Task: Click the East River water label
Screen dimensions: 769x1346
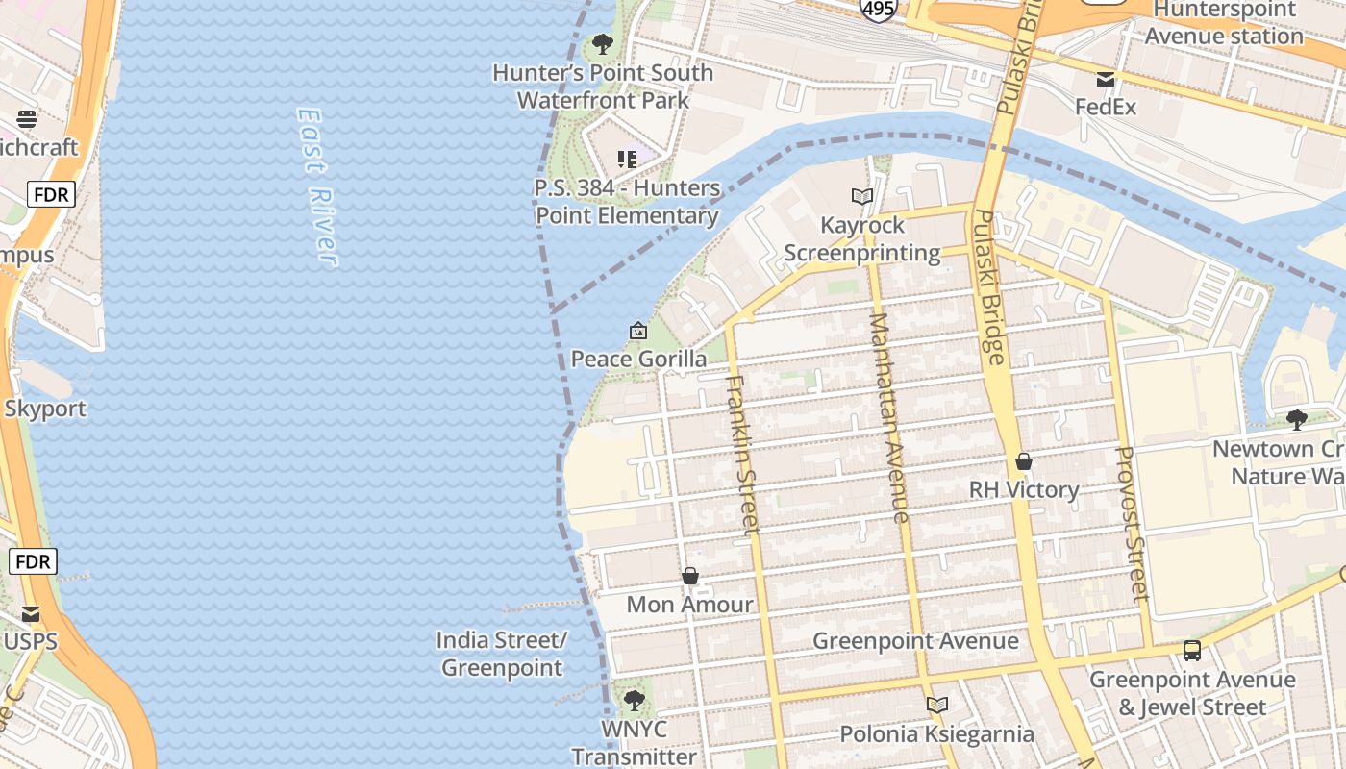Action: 316,186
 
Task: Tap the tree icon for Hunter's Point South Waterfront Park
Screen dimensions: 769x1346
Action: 603,44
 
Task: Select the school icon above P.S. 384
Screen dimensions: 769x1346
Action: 627,159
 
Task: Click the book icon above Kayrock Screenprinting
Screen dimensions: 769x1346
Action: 862,196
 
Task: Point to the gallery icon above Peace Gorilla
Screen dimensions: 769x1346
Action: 637,331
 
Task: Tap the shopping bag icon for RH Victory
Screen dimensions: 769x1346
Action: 1024,461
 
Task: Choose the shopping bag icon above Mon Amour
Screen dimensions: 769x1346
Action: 689,576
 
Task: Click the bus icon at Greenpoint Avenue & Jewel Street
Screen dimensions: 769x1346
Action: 1192,651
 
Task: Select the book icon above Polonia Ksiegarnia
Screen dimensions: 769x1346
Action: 937,706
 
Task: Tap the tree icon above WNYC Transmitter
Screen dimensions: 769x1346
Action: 634,701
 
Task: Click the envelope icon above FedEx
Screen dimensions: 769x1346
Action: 1106,79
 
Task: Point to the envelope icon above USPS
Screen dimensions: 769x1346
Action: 31,613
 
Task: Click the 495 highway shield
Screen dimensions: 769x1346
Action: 879,9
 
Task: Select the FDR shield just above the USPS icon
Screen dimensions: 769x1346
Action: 34,561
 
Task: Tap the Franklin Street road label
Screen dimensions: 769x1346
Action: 742,454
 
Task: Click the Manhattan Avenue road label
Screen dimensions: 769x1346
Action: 888,417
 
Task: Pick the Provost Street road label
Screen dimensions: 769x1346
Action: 1132,524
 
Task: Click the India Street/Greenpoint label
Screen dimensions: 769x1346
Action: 502,654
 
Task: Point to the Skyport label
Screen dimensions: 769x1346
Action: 45,409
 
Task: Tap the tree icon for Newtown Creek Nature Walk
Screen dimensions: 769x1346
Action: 1296,419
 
